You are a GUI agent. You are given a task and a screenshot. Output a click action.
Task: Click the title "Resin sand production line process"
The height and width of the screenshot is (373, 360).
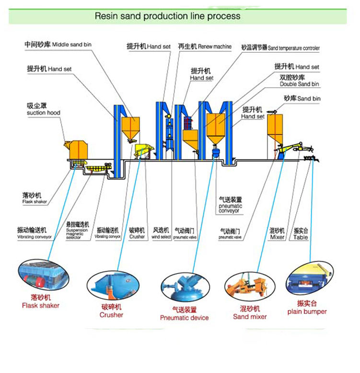(x=167, y=16)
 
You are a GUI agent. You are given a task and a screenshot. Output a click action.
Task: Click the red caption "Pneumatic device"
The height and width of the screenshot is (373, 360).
(x=185, y=317)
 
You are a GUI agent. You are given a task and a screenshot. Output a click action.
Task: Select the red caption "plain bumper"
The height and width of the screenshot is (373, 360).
(x=307, y=312)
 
